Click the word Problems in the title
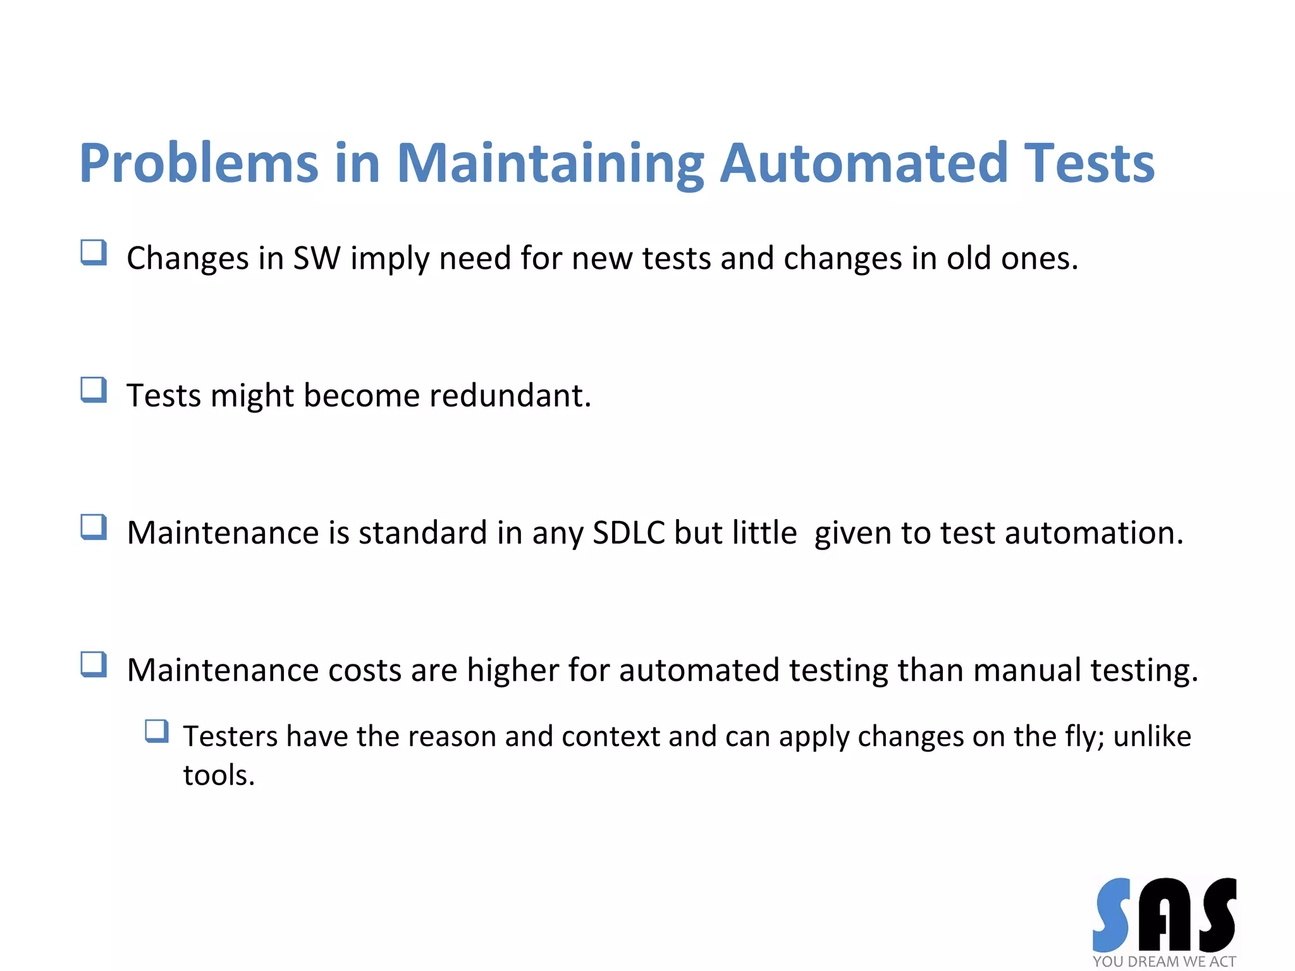coord(199,164)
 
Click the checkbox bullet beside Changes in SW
coord(94,253)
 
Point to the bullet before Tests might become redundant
coord(94,390)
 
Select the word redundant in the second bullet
coord(510,396)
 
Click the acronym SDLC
coord(629,533)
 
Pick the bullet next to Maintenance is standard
coord(94,527)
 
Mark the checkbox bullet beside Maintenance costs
coord(94,664)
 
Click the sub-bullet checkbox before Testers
coord(157,731)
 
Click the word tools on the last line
coord(218,776)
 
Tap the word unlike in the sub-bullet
coord(1151,737)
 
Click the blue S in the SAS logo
coord(1111,915)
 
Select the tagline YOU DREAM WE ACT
coord(1163,962)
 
